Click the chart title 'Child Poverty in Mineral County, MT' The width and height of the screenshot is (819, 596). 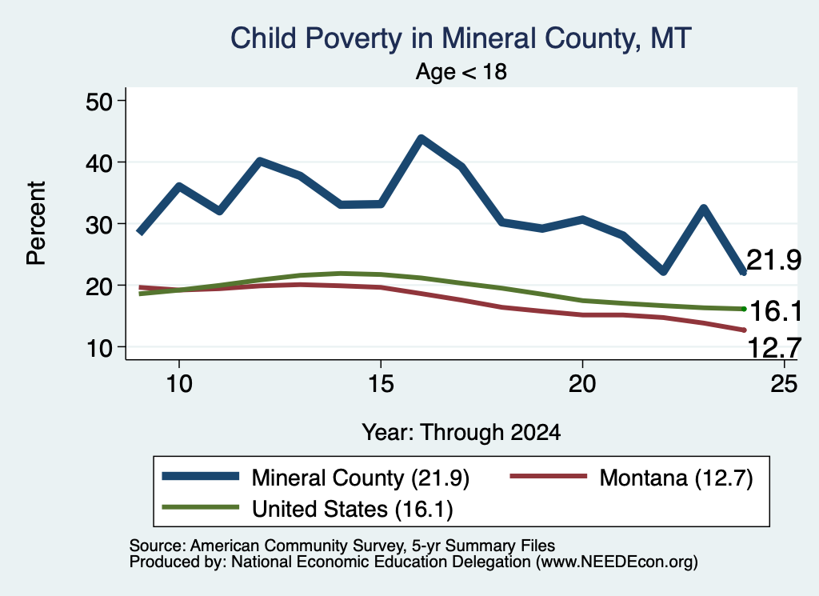461,38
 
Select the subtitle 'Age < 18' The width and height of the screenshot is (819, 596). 461,71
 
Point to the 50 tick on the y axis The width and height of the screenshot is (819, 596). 99,101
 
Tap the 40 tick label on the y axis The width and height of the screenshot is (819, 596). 99,162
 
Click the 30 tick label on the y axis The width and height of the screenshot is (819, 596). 99,224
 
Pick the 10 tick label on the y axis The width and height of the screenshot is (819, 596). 99,347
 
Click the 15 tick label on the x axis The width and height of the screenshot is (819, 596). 381,384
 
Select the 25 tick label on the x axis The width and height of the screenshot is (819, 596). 784,384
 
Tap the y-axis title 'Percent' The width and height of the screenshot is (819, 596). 36,223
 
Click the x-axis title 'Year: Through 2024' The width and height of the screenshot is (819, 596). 461,433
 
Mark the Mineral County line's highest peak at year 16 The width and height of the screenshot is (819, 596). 421,138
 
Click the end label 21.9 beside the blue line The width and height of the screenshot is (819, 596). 773,260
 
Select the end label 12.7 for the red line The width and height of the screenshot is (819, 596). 774,348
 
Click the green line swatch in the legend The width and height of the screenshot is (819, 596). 201,507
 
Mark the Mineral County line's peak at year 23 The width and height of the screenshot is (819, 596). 704,209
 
